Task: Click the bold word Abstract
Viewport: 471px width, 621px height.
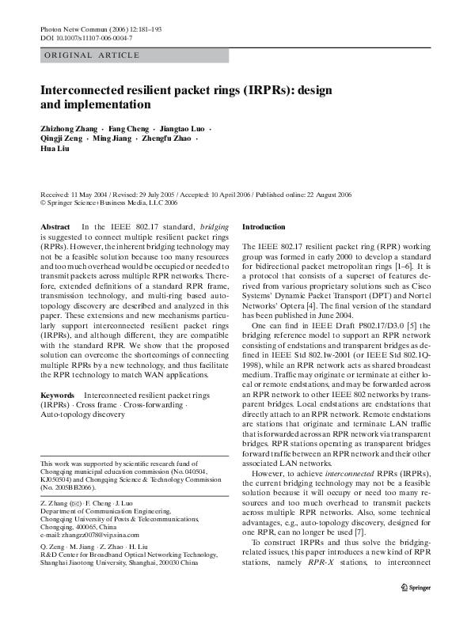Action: [55, 227]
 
